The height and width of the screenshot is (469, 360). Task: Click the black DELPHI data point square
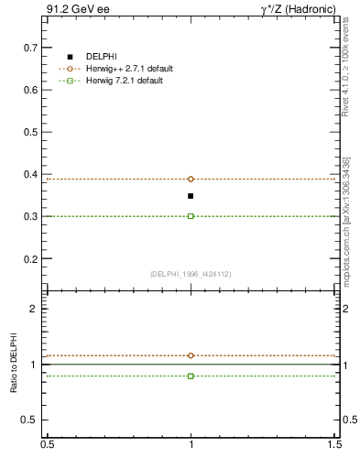click(x=191, y=196)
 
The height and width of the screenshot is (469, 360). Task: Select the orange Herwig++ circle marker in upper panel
click(x=191, y=179)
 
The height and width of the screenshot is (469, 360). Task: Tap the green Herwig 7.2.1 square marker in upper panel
click(x=191, y=216)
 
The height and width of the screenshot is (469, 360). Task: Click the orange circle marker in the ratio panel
click(x=191, y=355)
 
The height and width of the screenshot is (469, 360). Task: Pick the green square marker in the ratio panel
click(x=191, y=376)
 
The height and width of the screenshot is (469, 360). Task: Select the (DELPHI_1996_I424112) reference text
click(x=190, y=273)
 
